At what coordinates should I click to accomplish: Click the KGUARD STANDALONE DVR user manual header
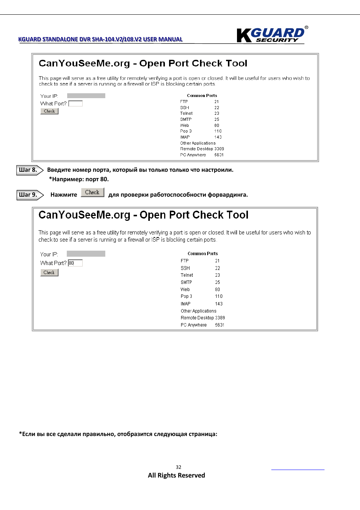coord(100,39)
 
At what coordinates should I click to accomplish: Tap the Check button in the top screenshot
coord(49,111)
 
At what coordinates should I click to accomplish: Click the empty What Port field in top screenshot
coord(75,103)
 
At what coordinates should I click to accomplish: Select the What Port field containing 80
coord(75,263)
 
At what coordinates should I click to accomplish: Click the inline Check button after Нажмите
coord(92,193)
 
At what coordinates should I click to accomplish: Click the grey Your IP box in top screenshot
coord(86,96)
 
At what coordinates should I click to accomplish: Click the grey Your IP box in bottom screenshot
coord(86,254)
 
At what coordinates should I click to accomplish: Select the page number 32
coord(178,467)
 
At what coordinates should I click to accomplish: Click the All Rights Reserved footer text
coord(176,475)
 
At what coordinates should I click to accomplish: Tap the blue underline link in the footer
coord(298,469)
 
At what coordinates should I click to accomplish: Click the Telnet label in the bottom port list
coord(187,275)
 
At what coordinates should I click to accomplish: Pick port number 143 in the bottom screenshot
coord(219,304)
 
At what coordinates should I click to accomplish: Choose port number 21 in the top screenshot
coord(217,102)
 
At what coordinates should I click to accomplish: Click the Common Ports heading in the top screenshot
coord(202,96)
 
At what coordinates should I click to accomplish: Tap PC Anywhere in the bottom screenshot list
coord(194,325)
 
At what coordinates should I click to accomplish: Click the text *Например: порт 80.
coord(79,179)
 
